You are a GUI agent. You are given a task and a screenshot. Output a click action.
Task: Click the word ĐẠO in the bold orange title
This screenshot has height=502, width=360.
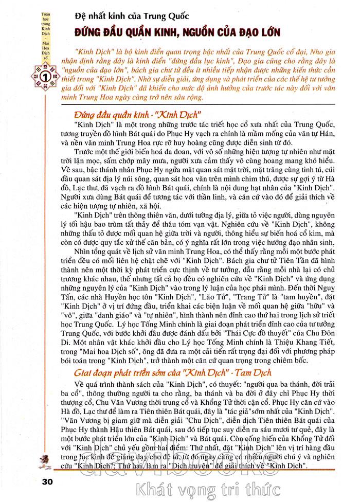click(239, 32)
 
